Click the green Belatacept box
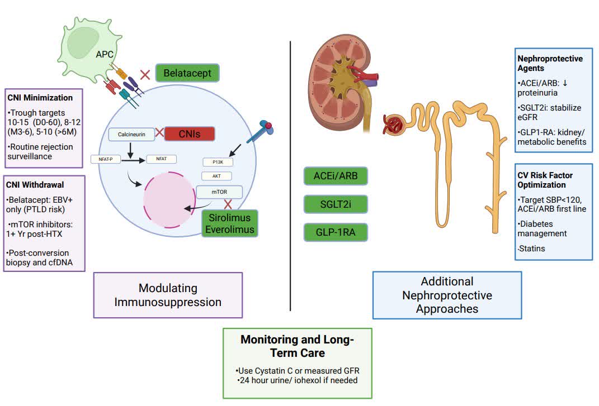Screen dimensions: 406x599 (x=187, y=73)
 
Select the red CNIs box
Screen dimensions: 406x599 (x=190, y=133)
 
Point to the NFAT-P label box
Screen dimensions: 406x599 (x=106, y=159)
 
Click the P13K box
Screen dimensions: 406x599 (x=217, y=161)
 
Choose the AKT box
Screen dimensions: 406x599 (x=216, y=176)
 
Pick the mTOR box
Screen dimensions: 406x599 (x=219, y=192)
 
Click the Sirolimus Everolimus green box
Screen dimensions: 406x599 (x=229, y=223)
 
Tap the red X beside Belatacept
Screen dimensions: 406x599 (x=145, y=74)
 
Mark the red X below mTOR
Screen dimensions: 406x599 (x=228, y=205)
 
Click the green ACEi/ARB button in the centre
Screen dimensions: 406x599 (x=336, y=176)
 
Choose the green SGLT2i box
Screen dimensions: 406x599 (x=336, y=204)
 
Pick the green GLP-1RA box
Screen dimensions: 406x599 (x=336, y=232)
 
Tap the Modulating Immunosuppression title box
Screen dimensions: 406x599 (x=168, y=295)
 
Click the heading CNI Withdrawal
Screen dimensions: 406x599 (x=35, y=185)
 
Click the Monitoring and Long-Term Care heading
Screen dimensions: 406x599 (x=297, y=346)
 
